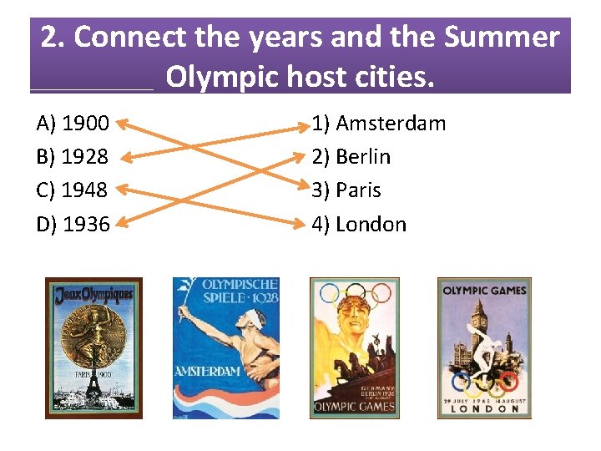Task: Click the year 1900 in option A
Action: click(x=85, y=124)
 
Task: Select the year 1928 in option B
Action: click(x=85, y=157)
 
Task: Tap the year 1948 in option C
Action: click(x=85, y=190)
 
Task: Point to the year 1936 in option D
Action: click(x=86, y=224)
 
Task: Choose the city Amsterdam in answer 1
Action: click(x=390, y=124)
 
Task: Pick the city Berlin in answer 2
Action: click(x=362, y=157)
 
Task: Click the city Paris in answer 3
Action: click(x=358, y=190)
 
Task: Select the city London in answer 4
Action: click(x=371, y=224)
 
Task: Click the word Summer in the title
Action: click(x=502, y=38)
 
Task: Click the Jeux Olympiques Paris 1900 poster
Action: click(x=93, y=347)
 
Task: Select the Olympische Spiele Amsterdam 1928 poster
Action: click(x=225, y=347)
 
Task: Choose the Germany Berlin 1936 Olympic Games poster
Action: click(x=355, y=347)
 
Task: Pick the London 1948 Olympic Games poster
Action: click(x=484, y=347)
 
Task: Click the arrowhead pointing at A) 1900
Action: click(x=120, y=124)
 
